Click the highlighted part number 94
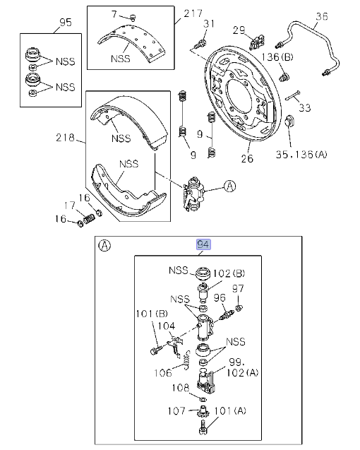click(x=203, y=244)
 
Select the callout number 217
click(x=193, y=13)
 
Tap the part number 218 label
click(x=65, y=138)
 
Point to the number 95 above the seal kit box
click(x=66, y=23)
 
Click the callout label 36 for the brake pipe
click(x=322, y=16)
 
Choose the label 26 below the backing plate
click(x=247, y=158)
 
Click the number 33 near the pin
click(x=305, y=107)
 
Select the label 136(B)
click(x=277, y=57)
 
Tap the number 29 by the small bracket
click(x=239, y=30)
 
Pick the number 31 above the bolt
click(x=209, y=23)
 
